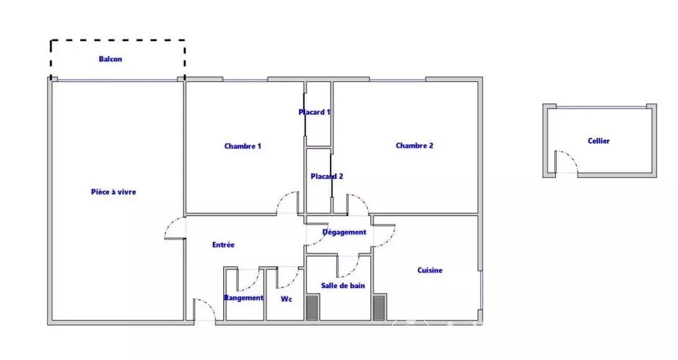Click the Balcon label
(110, 59)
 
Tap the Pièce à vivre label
(114, 192)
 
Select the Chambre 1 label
(243, 146)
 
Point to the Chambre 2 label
(414, 145)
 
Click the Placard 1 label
(314, 112)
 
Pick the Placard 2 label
(327, 176)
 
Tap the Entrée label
(223, 245)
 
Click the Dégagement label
(345, 232)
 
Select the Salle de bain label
(343, 286)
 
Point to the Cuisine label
(430, 270)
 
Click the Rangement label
(244, 298)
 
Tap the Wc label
(286, 299)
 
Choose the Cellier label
(599, 141)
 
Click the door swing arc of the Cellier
(572, 156)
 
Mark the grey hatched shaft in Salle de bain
(312, 308)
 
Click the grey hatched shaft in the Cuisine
(379, 308)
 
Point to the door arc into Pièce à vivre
(171, 223)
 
